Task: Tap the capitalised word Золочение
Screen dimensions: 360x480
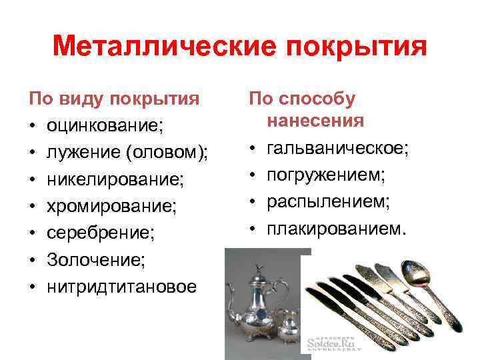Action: click(93, 259)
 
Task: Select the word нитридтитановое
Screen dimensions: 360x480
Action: click(121, 286)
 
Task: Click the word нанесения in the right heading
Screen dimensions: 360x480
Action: click(315, 121)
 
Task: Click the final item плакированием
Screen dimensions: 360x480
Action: click(335, 229)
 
